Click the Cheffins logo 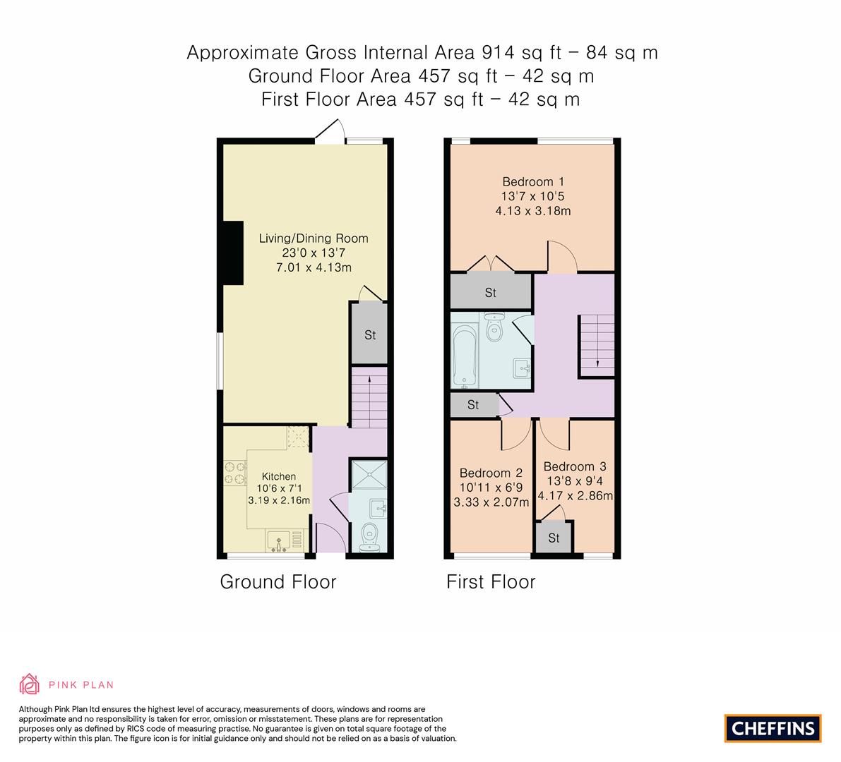[773, 728]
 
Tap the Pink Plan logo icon [30, 684]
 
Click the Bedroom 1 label [533, 181]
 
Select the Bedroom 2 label [491, 473]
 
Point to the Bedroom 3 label [575, 466]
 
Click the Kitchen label [279, 476]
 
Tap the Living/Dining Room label [314, 238]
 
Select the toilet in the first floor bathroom [494, 327]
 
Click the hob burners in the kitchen [234, 473]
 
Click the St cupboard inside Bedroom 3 [554, 538]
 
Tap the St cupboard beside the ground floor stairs [370, 335]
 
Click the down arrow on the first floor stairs [598, 362]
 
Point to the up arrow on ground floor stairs [369, 381]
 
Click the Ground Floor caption [278, 582]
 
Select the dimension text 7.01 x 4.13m [314, 267]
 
